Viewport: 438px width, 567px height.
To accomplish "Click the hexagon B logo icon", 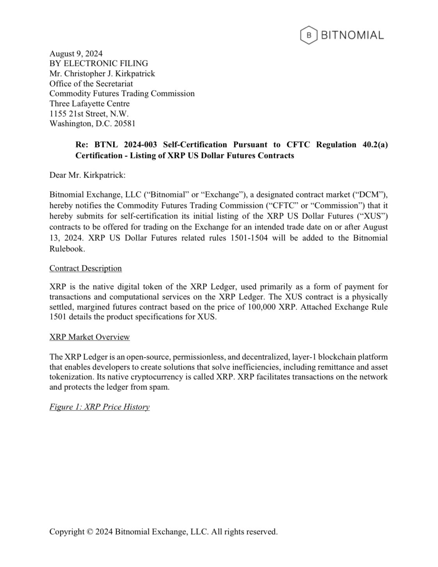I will (309, 35).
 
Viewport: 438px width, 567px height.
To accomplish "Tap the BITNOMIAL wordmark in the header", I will (352, 35).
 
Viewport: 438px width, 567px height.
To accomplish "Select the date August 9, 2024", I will (76, 53).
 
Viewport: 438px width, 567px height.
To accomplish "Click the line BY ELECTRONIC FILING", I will (99, 63).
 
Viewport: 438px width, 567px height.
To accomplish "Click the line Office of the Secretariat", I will (91, 84).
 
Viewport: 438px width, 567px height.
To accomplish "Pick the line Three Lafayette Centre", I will (89, 103).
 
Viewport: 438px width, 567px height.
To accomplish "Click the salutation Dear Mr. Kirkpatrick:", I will (87, 175).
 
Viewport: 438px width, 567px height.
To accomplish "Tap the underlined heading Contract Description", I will (85, 268).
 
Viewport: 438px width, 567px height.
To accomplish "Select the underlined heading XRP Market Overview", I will (89, 337).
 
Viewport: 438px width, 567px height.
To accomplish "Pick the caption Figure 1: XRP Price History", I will (99, 407).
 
